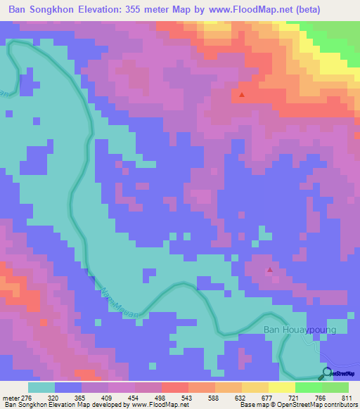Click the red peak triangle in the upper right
point(242,94)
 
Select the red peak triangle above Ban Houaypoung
point(269,269)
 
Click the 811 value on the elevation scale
point(346,397)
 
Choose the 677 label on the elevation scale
point(266,397)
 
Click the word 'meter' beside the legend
point(8,397)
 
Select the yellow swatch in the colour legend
point(281,387)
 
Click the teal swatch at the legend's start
point(41,387)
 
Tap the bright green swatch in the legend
point(308,387)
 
